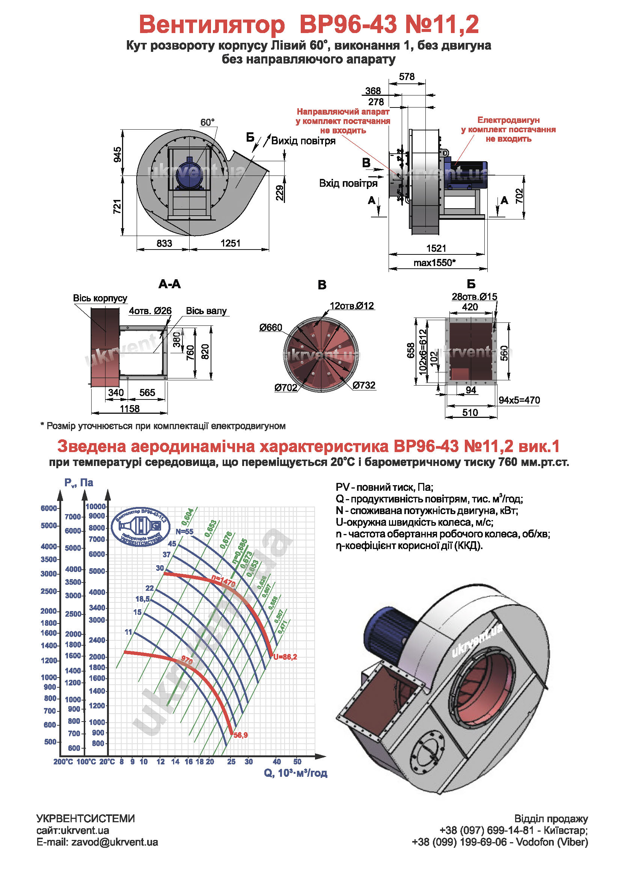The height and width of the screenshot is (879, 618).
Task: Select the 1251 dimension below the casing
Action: point(230,243)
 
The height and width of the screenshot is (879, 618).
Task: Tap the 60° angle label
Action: point(207,123)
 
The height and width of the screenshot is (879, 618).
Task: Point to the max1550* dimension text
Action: point(434,263)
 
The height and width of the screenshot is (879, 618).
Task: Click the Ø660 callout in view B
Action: point(270,327)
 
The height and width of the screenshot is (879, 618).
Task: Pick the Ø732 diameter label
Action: point(364,385)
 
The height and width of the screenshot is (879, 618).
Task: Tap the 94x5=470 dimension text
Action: point(519,401)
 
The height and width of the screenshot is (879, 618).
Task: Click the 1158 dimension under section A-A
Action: point(130,408)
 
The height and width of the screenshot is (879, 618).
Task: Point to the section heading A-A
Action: point(169,284)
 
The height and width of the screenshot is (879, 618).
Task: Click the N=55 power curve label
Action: point(184,531)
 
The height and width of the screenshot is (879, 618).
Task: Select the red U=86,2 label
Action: point(285,657)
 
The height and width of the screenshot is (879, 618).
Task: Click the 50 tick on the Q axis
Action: point(297,762)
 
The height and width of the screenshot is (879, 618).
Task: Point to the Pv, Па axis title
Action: point(78,483)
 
